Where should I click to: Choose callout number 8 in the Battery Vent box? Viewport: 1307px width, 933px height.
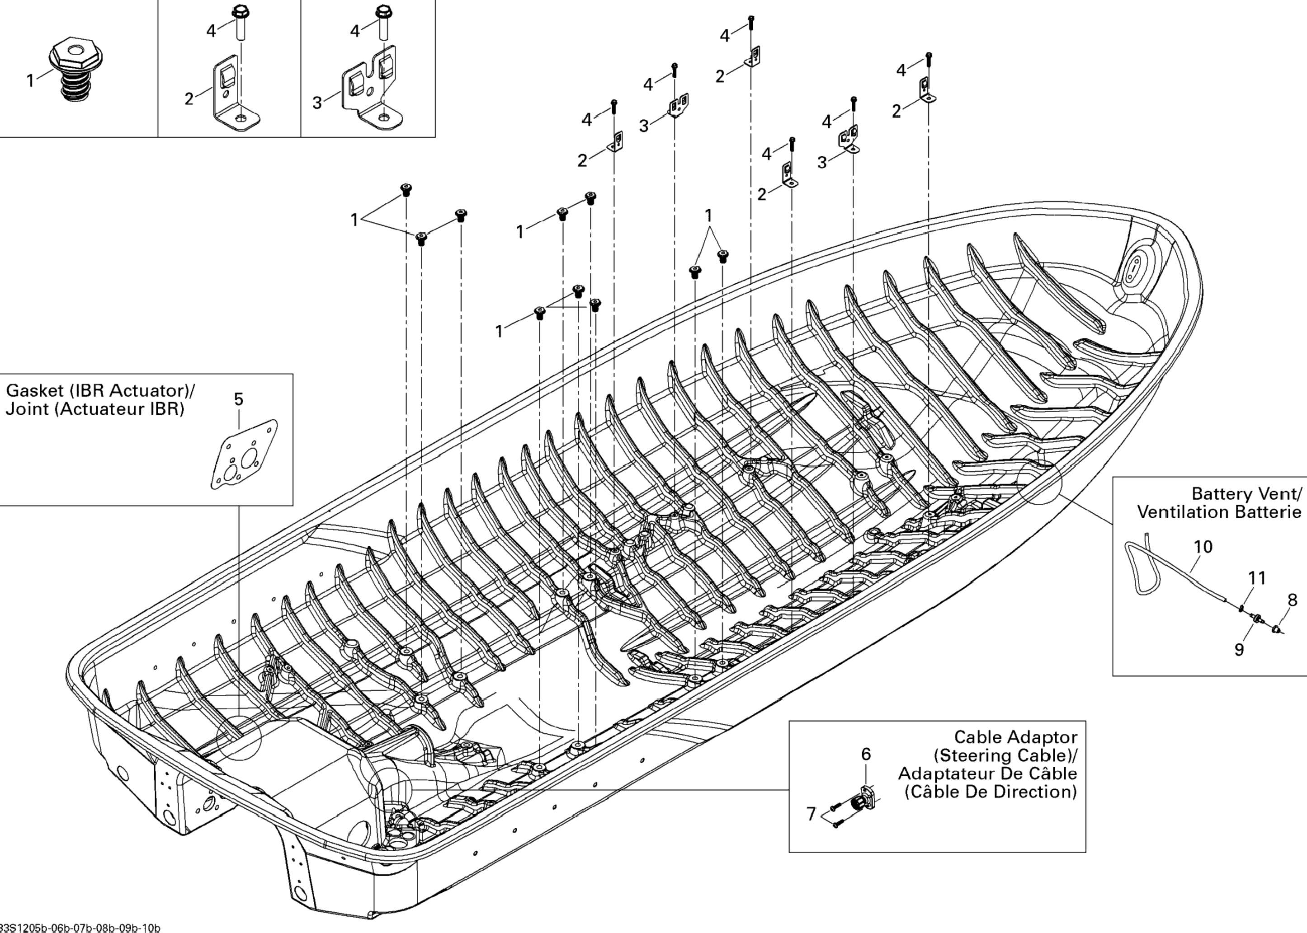pyautogui.click(x=1292, y=600)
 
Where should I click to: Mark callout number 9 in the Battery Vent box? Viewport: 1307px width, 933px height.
pyautogui.click(x=1240, y=650)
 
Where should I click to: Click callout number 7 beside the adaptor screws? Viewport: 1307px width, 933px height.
pyautogui.click(x=811, y=814)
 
